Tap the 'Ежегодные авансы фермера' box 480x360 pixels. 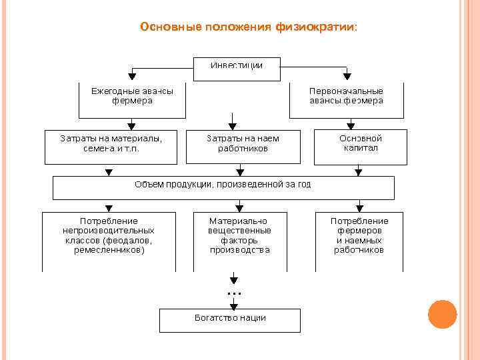(x=132, y=96)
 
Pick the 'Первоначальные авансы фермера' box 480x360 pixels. (x=346, y=96)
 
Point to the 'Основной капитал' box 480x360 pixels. (x=361, y=143)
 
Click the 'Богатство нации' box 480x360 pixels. (x=230, y=319)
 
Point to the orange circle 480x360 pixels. (x=442, y=314)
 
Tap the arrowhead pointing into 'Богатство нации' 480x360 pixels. (x=233, y=305)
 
